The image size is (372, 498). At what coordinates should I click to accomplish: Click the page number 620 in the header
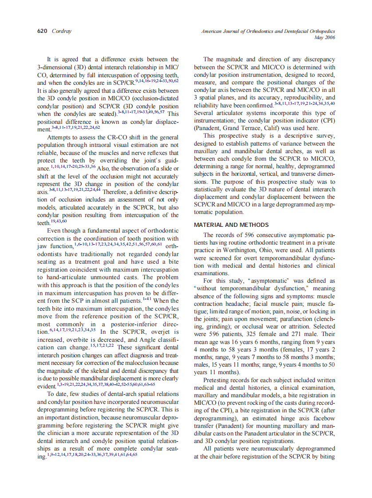pos(42,32)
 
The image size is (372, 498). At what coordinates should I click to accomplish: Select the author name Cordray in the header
pos(61,32)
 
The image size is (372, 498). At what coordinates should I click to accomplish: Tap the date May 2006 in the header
pos(325,38)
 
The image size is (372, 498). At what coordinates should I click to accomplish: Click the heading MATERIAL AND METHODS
pos(231,225)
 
